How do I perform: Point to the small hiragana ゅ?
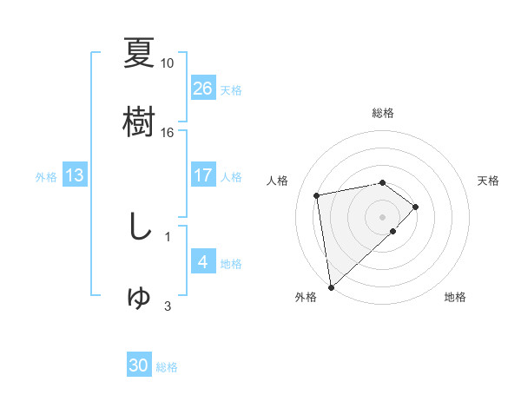coord(139,297)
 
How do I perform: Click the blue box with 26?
coord(203,88)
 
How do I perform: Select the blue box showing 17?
coord(203,175)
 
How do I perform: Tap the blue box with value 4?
coord(203,261)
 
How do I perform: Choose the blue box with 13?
coord(75,175)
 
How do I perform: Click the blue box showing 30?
coord(139,365)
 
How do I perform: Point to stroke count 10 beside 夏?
coord(168,63)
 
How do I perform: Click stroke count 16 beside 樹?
coord(168,133)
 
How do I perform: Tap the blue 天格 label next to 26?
coord(230,90)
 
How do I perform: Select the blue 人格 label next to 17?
coord(231,177)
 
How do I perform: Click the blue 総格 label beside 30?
coord(167,368)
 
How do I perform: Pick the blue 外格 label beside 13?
coord(46,177)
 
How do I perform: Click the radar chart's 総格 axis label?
coord(383,113)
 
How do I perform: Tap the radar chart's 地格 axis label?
coord(455,297)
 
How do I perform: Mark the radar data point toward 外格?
coord(330,286)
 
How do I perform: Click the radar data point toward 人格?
coord(318,194)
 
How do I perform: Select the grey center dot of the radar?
coord(383,215)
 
